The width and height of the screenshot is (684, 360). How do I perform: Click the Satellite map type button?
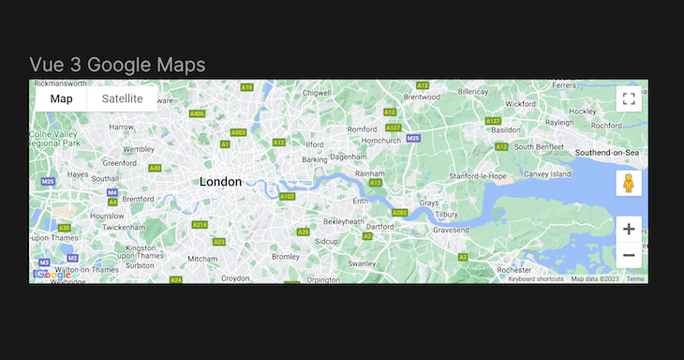click(122, 98)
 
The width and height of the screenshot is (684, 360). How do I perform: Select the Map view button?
click(61, 98)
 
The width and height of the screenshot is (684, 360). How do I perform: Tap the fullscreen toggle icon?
click(629, 98)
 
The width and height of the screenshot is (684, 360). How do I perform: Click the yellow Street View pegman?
click(629, 182)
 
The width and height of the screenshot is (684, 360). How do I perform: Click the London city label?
click(220, 182)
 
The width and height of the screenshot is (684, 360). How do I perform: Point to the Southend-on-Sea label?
click(607, 152)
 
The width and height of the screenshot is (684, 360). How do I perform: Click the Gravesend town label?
click(450, 229)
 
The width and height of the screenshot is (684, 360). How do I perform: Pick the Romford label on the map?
click(362, 128)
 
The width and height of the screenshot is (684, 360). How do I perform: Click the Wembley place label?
click(139, 149)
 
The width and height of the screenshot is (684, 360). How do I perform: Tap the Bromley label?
click(284, 255)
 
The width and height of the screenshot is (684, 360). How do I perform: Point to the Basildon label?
click(505, 129)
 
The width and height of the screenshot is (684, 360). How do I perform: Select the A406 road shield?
click(197, 113)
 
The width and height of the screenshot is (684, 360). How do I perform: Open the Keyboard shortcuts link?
click(536, 278)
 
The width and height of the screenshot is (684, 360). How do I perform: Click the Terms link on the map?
click(635, 278)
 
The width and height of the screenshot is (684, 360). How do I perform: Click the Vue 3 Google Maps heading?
click(117, 64)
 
